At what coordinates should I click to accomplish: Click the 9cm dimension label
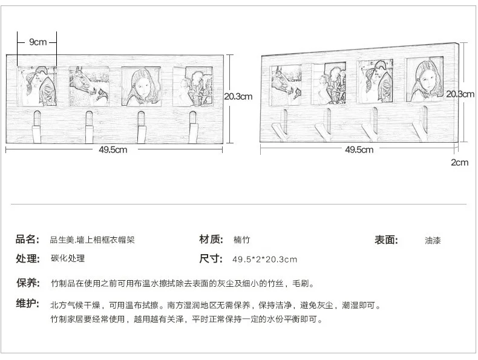click(x=38, y=42)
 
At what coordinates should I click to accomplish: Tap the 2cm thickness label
click(x=460, y=162)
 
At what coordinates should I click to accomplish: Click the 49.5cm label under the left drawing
click(x=114, y=150)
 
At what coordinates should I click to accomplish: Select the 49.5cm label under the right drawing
click(x=359, y=149)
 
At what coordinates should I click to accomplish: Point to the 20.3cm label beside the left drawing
click(x=238, y=96)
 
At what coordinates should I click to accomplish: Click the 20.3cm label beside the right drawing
click(x=460, y=94)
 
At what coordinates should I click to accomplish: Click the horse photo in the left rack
click(x=88, y=86)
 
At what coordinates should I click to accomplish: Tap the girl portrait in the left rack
click(x=140, y=86)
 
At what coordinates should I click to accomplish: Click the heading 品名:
click(x=28, y=240)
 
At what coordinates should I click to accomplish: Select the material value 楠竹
click(x=242, y=240)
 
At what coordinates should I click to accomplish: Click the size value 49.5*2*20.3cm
click(x=265, y=260)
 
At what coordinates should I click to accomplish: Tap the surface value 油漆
click(x=433, y=240)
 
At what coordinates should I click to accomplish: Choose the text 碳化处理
click(x=68, y=259)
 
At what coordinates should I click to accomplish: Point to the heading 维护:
click(x=28, y=303)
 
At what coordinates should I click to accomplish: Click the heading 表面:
click(x=387, y=240)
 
